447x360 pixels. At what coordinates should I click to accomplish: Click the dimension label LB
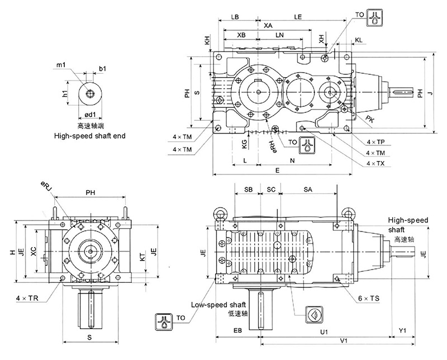[236, 17]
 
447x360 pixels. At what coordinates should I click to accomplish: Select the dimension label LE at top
[297, 17]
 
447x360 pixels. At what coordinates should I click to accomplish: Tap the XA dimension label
[268, 26]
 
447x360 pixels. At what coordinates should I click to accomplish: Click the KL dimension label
[358, 41]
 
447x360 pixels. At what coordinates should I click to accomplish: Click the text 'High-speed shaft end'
[89, 135]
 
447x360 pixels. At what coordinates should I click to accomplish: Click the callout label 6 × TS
[369, 300]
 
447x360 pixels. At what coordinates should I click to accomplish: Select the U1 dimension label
[324, 331]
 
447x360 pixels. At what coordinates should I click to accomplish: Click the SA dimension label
[308, 190]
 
